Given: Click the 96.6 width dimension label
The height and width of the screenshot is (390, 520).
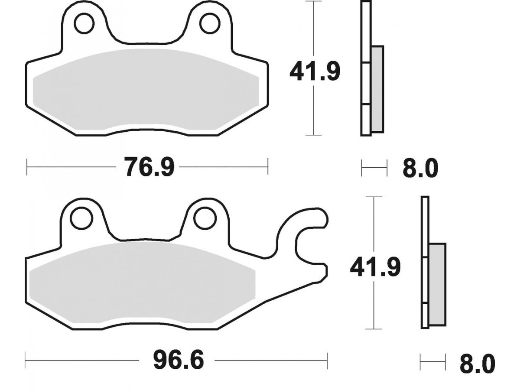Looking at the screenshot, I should point(178,359).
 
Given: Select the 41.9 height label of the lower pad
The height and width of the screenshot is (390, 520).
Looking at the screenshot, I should point(376,267).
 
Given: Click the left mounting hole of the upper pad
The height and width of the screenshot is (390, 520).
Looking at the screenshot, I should point(84,23).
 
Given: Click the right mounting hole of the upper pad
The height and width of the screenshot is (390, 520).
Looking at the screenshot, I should point(210,23).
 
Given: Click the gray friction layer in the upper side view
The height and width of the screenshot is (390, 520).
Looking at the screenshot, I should point(377,89).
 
